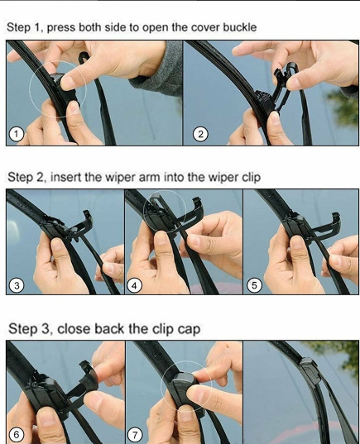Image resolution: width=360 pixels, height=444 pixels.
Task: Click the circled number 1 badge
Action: pyautogui.click(x=16, y=134)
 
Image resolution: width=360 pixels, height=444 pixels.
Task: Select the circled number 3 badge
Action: pyautogui.click(x=16, y=285)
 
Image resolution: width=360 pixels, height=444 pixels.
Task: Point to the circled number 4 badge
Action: pyautogui.click(x=135, y=285)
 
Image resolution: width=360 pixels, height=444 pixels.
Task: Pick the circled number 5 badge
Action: pyautogui.click(x=255, y=285)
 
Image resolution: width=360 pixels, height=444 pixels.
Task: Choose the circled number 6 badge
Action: pyautogui.click(x=16, y=434)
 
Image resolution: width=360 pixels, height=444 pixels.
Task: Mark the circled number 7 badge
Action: pyautogui.click(x=135, y=434)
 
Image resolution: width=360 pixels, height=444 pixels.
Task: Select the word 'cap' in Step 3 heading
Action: pyautogui.click(x=186, y=328)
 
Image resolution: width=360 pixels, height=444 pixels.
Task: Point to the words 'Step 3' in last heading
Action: pyautogui.click(x=24, y=328)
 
